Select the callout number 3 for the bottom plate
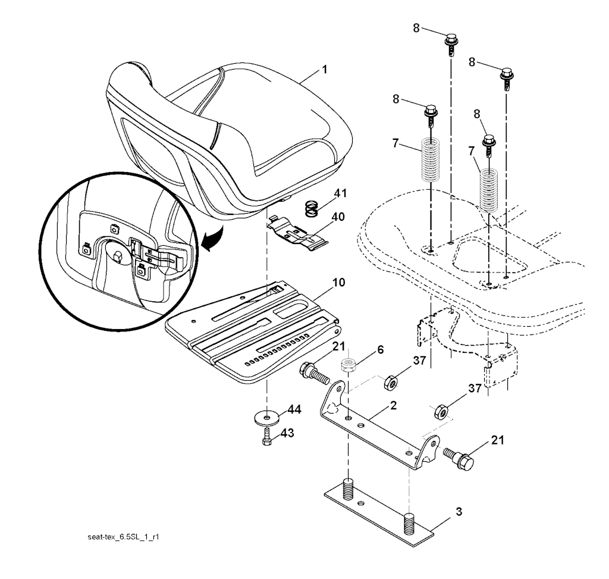[459, 511]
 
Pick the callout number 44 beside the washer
[293, 409]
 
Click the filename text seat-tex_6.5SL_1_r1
[126, 536]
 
